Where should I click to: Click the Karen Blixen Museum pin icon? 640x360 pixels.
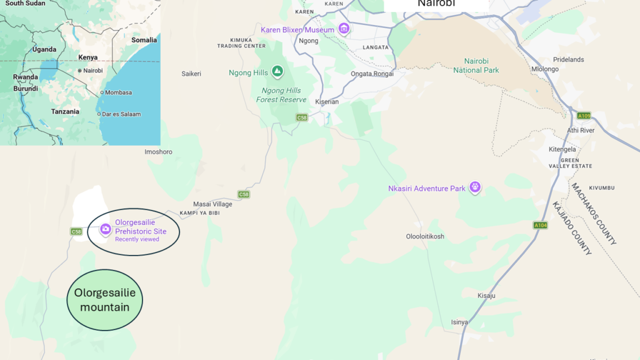(x=343, y=29)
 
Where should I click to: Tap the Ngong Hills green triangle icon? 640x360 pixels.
(x=277, y=72)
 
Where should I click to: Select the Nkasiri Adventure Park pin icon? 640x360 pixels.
(x=475, y=187)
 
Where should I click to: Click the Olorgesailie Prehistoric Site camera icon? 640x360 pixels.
(x=106, y=230)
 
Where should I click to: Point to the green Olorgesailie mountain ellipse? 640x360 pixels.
(x=105, y=300)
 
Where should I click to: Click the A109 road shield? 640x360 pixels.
(x=584, y=116)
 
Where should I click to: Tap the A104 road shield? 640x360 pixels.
(x=541, y=225)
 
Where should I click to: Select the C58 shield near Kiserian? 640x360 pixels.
(x=302, y=117)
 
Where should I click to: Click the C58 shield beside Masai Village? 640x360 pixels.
(x=243, y=194)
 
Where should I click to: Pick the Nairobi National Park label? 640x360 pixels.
(x=476, y=66)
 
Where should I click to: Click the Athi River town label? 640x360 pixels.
(x=581, y=131)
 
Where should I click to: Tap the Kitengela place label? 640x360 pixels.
(x=562, y=149)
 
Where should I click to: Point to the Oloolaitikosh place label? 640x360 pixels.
(x=425, y=236)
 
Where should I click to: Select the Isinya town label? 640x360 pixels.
(x=459, y=322)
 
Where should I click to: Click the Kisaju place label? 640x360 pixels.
(x=486, y=296)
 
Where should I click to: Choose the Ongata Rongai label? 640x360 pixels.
(x=372, y=74)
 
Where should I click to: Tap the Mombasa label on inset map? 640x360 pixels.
(x=118, y=92)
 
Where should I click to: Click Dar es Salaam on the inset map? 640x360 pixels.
(x=122, y=114)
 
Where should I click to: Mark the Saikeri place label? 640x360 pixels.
(x=191, y=74)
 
